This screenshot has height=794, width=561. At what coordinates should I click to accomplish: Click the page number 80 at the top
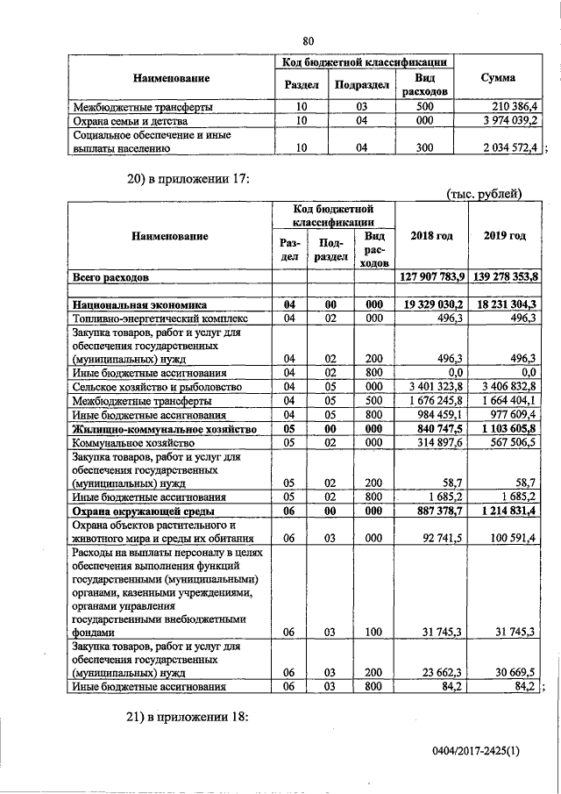click(x=308, y=40)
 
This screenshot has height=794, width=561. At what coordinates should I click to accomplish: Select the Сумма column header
click(x=498, y=78)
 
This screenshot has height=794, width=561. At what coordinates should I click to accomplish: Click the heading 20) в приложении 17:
click(x=188, y=180)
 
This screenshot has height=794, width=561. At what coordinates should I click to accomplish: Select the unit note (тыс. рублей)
click(x=483, y=194)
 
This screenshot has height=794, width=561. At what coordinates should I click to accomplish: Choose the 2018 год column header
click(x=430, y=236)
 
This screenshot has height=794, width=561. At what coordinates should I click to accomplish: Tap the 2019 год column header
click(x=504, y=236)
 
